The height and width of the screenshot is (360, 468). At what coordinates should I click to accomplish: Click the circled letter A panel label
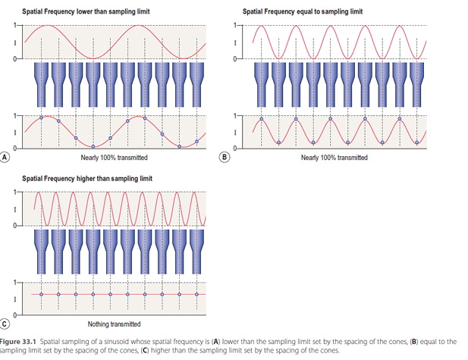click(5, 157)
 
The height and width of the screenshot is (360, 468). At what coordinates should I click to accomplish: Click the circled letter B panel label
click(225, 157)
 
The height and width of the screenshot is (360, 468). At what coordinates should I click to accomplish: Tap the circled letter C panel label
click(5, 324)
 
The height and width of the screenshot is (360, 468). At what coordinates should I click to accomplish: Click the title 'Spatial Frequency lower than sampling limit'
click(86, 11)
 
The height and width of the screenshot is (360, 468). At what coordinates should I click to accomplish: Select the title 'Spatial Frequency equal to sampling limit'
click(303, 11)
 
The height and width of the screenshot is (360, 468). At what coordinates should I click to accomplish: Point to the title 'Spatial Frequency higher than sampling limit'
click(87, 179)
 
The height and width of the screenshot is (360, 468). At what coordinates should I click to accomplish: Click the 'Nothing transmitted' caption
click(114, 324)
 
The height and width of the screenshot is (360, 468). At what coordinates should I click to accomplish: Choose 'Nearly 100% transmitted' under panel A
click(114, 158)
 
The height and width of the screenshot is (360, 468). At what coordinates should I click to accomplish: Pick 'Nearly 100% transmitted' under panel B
click(335, 158)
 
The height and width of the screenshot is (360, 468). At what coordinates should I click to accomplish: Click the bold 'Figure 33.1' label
click(18, 342)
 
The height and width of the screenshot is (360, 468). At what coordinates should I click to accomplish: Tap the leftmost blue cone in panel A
click(41, 85)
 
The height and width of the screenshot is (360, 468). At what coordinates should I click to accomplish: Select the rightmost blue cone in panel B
click(417, 85)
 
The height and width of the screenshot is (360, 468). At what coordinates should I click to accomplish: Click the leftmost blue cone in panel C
click(41, 252)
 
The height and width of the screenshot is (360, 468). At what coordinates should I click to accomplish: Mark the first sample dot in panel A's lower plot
click(41, 117)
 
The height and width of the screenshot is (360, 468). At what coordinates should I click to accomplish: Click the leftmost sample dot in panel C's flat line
click(41, 294)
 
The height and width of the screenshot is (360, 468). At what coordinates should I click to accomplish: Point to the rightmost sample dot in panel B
click(417, 142)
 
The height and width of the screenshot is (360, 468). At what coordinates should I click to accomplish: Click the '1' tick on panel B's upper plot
click(234, 25)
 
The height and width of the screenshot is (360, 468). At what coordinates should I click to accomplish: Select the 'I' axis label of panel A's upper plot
click(15, 43)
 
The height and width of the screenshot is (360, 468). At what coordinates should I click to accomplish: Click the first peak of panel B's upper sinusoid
click(262, 27)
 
